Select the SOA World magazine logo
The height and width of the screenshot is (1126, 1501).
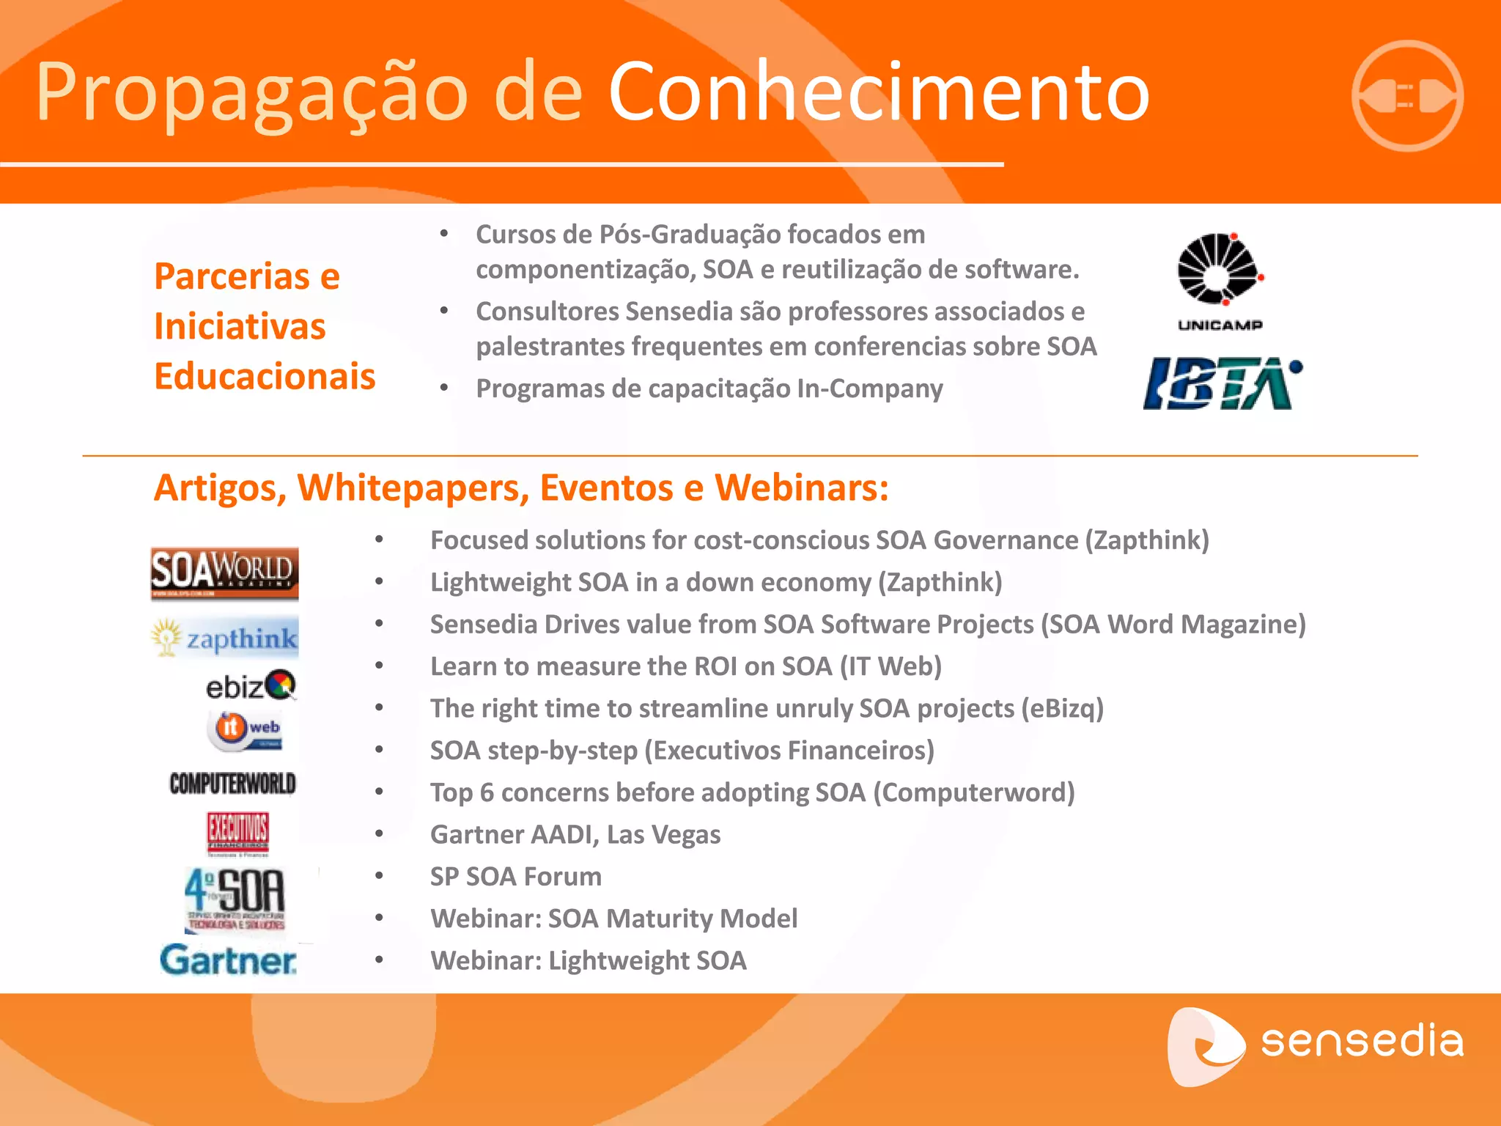click(x=224, y=573)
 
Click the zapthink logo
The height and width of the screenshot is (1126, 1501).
click(x=225, y=637)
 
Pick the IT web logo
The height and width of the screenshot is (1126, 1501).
click(x=245, y=730)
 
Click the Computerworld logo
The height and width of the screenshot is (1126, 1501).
click(x=232, y=784)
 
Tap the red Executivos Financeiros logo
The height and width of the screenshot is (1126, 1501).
click(x=237, y=833)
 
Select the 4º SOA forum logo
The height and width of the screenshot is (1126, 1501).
click(x=235, y=899)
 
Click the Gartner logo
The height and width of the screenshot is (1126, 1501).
click(x=228, y=960)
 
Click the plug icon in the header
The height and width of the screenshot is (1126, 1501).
click(x=1407, y=96)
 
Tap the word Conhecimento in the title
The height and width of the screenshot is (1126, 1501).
click(x=878, y=92)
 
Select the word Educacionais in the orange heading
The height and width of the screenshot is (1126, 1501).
click(x=265, y=376)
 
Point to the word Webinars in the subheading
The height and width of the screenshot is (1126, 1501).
click(x=802, y=487)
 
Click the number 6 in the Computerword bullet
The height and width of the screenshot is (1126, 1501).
click(x=487, y=792)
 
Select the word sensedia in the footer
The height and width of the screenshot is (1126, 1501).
click(x=1362, y=1042)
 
